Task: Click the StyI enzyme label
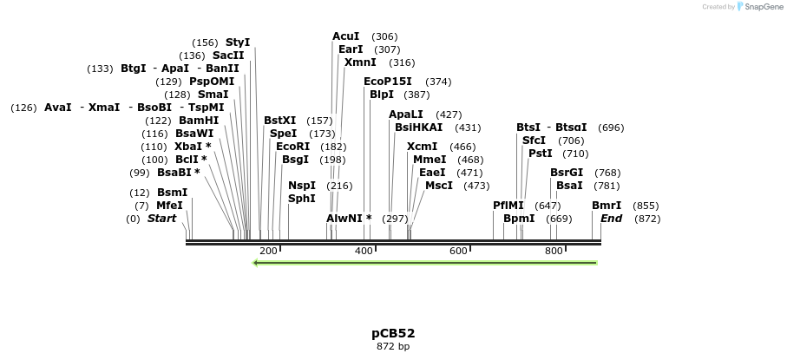point(237,43)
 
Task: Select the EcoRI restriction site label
point(292,147)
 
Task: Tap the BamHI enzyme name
point(199,121)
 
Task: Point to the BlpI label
point(382,95)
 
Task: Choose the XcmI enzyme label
point(423,147)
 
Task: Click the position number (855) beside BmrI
point(646,206)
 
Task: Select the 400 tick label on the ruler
point(363,251)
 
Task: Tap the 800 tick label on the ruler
point(554,251)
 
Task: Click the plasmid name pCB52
point(393,333)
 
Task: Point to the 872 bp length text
point(393,346)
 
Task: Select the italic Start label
point(161,219)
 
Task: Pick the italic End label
point(611,219)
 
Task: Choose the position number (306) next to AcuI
point(384,36)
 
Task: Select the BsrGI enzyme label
point(567,173)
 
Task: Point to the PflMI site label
point(508,206)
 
